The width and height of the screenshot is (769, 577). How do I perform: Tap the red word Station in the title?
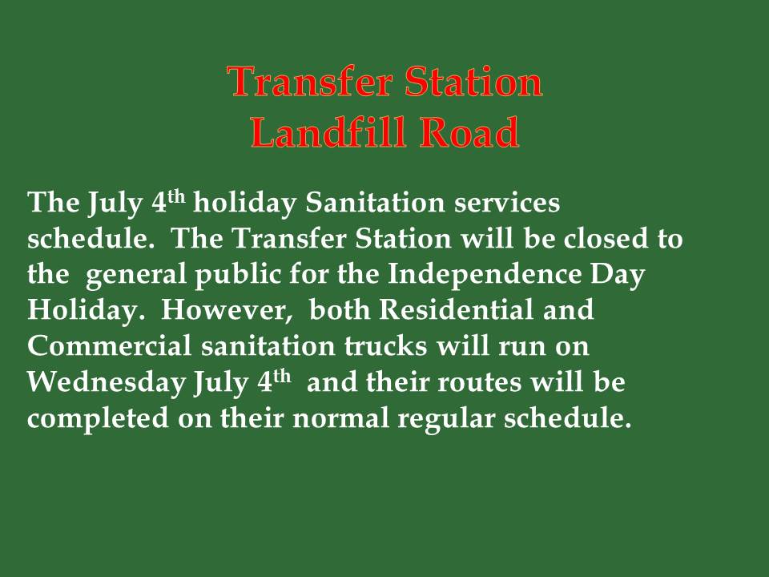point(473,81)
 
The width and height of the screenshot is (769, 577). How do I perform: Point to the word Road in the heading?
point(470,131)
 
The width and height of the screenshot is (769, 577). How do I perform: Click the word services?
point(506,202)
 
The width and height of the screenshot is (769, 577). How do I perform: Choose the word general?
point(136,276)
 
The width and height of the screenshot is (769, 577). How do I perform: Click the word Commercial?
point(110,345)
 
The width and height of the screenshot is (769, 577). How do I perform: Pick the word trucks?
point(385,345)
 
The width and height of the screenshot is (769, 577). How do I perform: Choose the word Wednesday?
point(107,383)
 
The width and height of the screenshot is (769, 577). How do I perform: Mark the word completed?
point(98,418)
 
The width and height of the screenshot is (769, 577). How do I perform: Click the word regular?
point(446,419)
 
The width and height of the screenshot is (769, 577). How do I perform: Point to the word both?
point(340,309)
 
